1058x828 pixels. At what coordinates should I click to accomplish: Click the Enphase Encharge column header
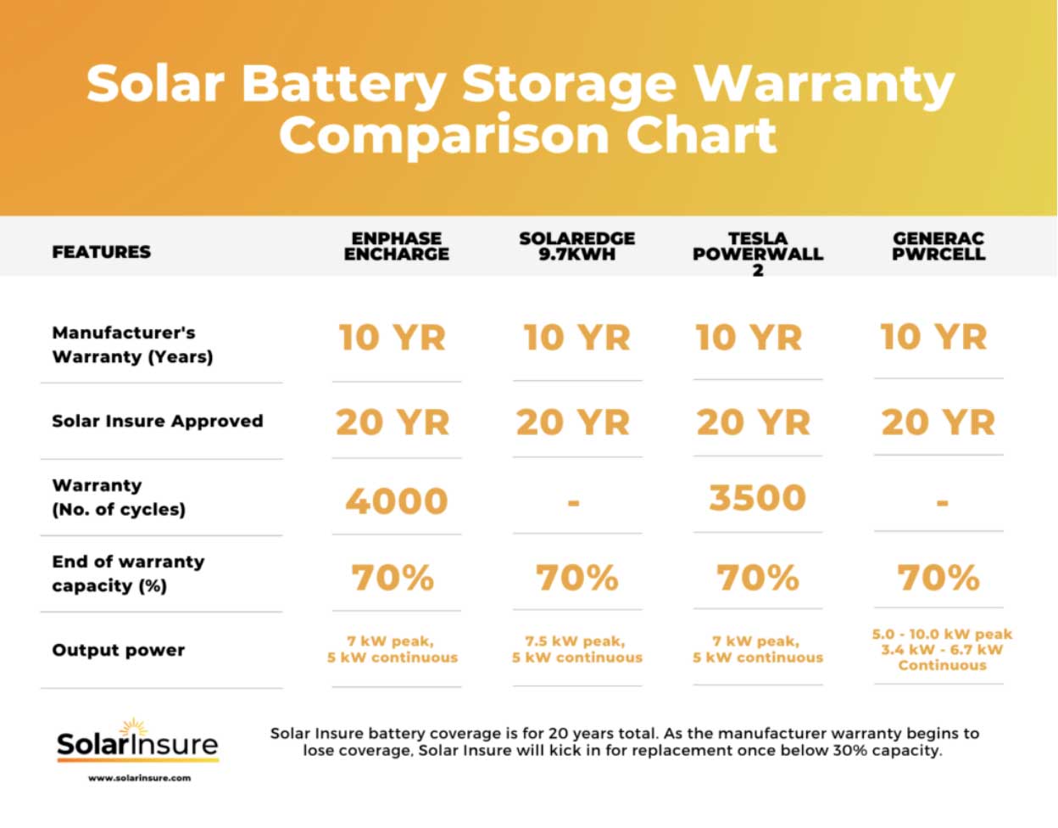[396, 246]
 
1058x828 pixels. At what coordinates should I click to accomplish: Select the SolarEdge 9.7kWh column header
[576, 246]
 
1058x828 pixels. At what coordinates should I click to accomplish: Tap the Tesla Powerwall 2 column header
[757, 253]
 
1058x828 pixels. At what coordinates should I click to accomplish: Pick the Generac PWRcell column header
[938, 246]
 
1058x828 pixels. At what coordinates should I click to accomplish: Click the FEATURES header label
[101, 252]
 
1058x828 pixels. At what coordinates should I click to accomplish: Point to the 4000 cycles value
[396, 501]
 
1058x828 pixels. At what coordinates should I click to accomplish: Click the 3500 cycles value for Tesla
[757, 498]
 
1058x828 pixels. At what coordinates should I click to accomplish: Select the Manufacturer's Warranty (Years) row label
[132, 344]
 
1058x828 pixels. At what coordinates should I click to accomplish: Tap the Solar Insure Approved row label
[157, 421]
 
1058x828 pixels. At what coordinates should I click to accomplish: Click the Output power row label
[118, 650]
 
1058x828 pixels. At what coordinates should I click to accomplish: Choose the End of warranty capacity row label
[127, 573]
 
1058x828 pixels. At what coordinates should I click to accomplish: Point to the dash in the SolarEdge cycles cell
[574, 502]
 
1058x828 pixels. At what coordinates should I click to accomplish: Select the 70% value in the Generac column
[938, 578]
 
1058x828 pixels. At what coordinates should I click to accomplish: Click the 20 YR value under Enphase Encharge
[392, 422]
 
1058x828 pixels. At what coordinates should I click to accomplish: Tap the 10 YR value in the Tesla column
[749, 338]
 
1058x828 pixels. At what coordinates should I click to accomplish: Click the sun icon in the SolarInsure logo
[133, 728]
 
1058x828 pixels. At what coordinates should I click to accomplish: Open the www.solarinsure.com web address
[139, 778]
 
